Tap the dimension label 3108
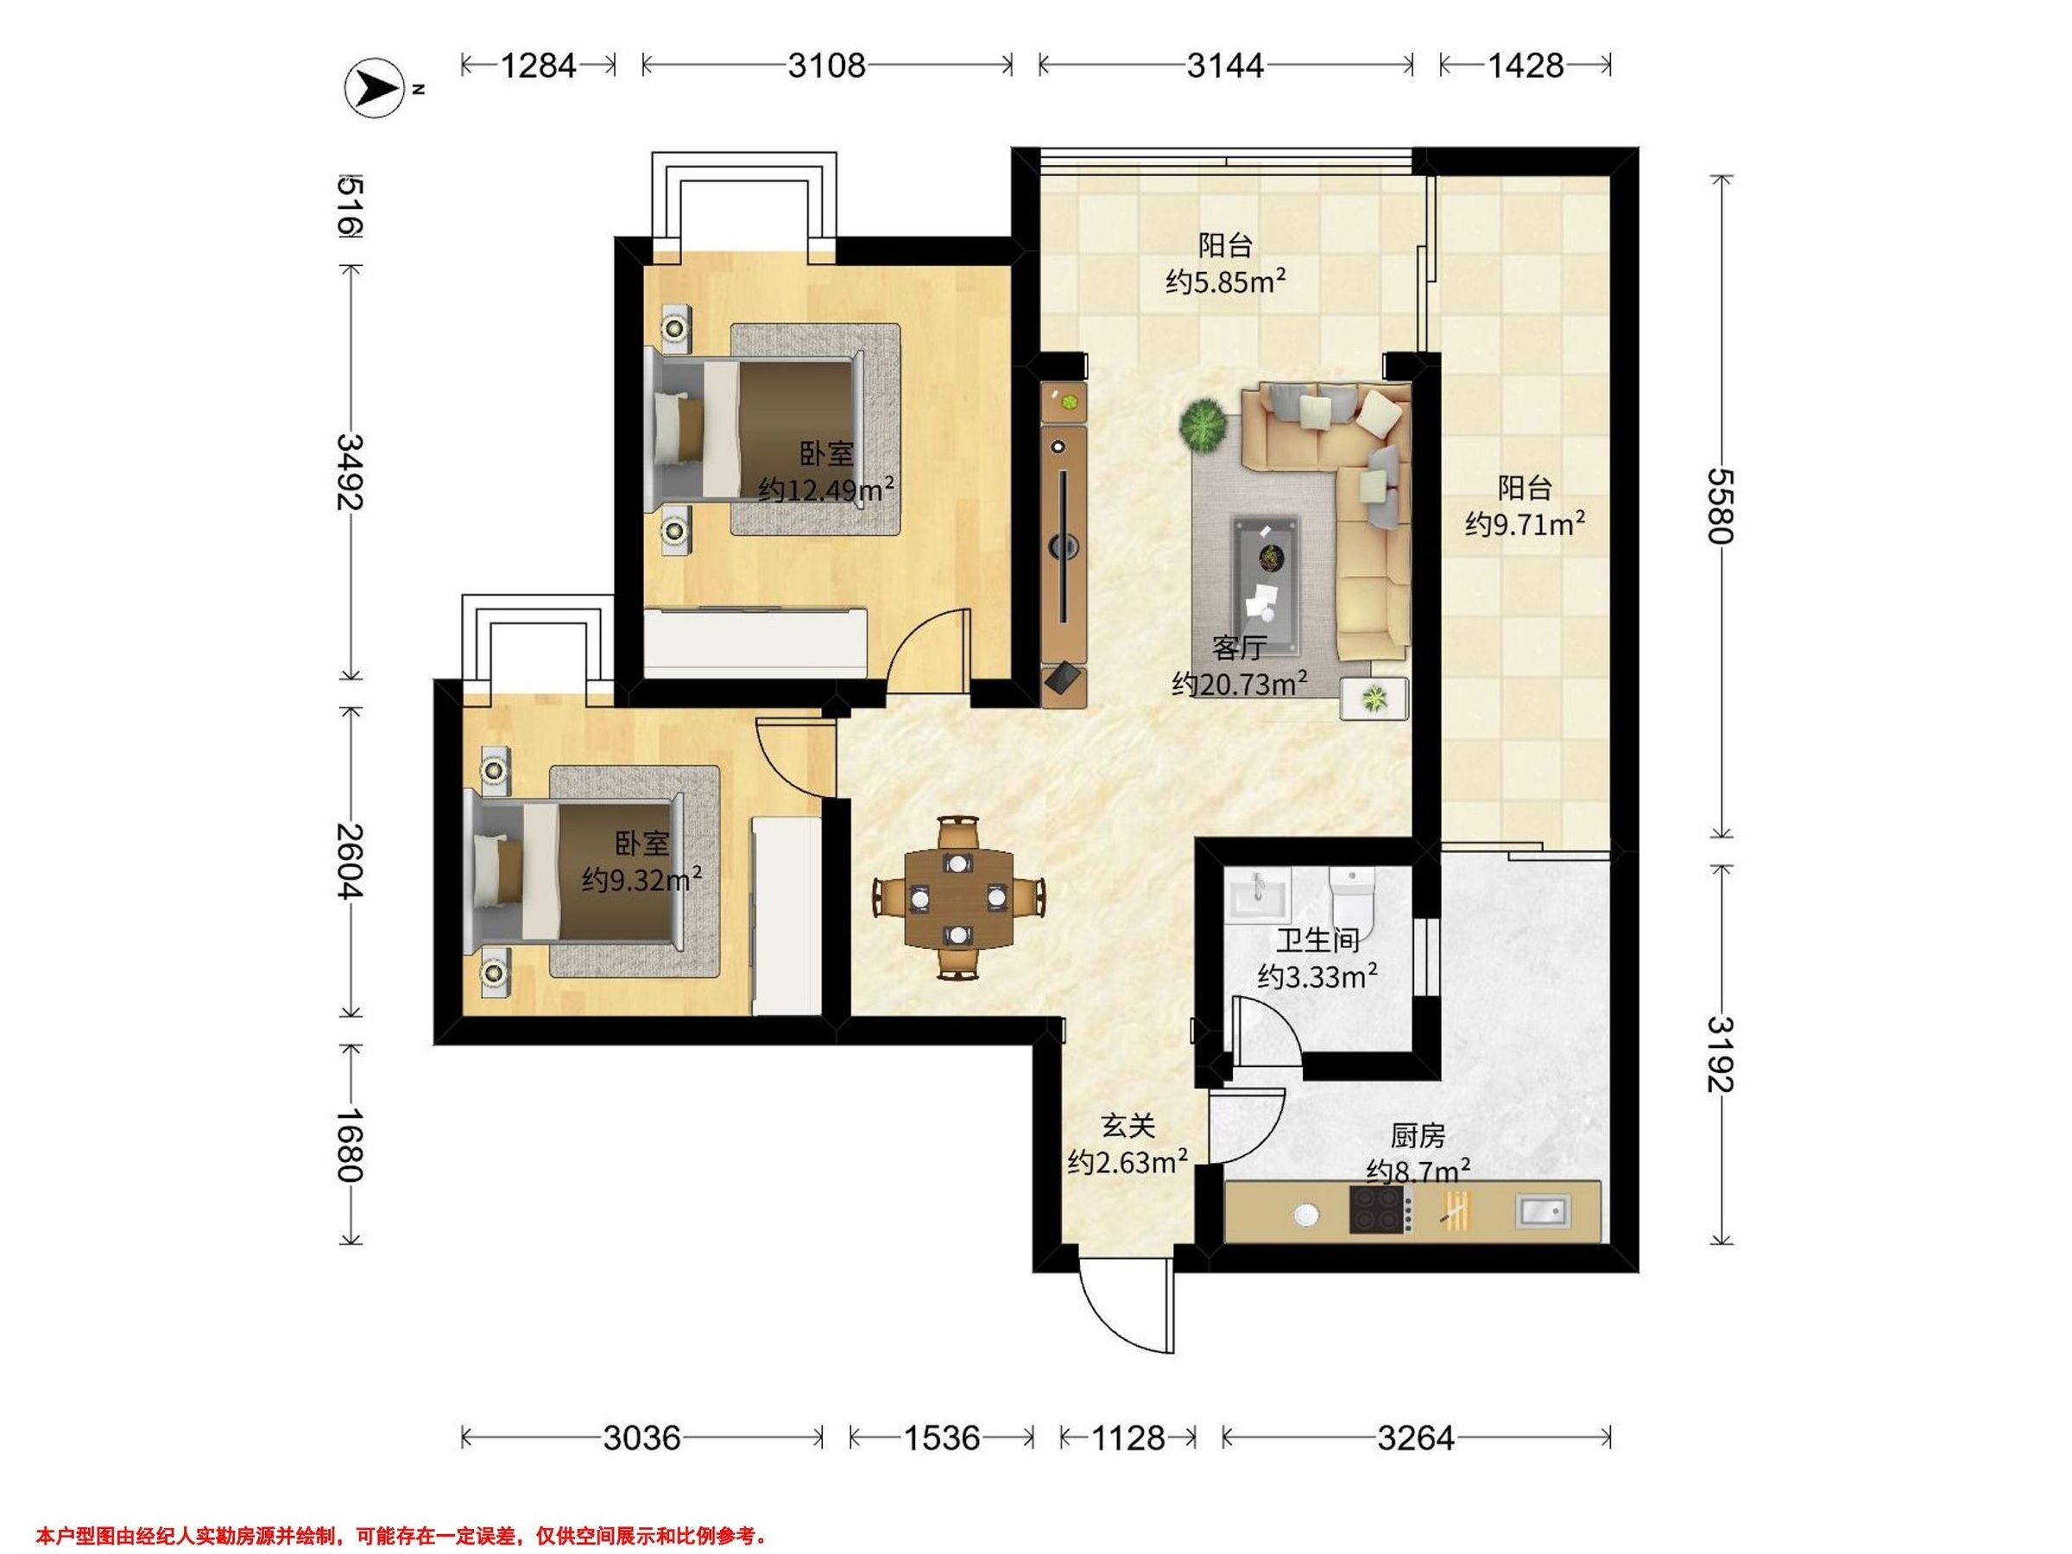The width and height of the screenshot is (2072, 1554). pos(826,65)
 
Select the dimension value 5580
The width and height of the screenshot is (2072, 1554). pos(1721,505)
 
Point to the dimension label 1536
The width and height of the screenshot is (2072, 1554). pos(941,1437)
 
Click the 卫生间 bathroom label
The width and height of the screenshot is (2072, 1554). pos(1317,939)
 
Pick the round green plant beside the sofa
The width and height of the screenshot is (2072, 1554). pos(1203,426)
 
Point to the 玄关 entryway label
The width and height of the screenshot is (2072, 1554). pos(1128,1127)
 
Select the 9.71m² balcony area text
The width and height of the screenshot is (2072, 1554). pos(1525,524)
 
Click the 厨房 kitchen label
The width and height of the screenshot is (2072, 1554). pos(1418,1136)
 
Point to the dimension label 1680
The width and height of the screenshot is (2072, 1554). pos(351,1145)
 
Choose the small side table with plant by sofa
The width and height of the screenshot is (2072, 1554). pos(1374,698)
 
